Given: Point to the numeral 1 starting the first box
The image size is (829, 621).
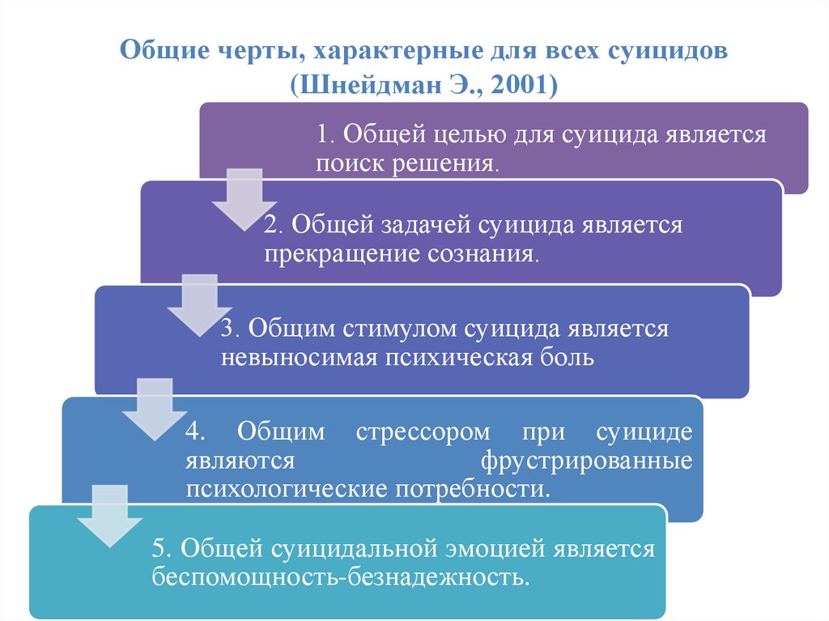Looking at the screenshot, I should click(x=322, y=134).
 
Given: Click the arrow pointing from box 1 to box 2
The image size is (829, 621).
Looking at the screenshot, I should click(x=242, y=198).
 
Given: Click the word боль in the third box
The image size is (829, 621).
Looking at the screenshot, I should click(x=568, y=358).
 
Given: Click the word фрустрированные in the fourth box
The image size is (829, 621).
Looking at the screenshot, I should click(x=586, y=461).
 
